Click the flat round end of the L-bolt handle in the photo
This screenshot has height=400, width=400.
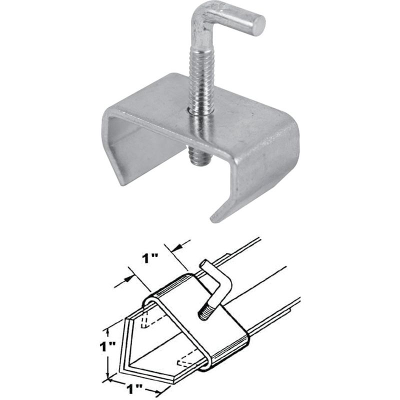click(258, 25)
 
